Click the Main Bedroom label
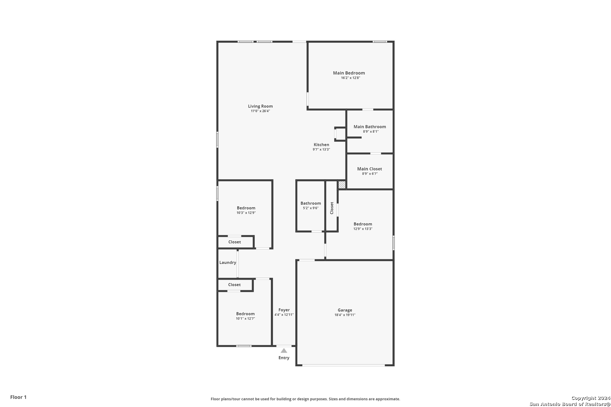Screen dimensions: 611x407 pos(349,73)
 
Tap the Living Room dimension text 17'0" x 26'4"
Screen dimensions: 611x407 pos(260,111)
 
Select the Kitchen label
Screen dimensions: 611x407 pos(321,144)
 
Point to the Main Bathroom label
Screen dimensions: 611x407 pos(370,127)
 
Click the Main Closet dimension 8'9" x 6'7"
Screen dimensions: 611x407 pos(370,174)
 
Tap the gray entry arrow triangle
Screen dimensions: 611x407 pos(284,350)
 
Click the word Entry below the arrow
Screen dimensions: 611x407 pos(284,358)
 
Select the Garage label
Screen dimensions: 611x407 pos(345,310)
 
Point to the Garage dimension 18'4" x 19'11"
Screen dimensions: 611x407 pos(345,315)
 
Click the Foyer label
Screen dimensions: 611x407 pos(284,310)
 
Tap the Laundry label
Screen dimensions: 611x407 pos(228,262)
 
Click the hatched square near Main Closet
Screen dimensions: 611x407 pos(342,185)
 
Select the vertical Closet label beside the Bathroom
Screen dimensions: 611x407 pos(332,208)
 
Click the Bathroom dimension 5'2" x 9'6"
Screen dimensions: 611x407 pos(311,208)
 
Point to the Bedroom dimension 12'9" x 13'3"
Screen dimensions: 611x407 pos(363,229)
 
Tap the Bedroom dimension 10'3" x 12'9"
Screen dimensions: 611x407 pos(246,213)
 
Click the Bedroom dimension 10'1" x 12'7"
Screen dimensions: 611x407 pos(246,318)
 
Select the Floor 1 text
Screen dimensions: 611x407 pos(18,397)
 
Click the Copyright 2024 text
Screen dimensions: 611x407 pos(591,398)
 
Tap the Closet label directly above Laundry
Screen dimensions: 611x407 pos(235,242)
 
